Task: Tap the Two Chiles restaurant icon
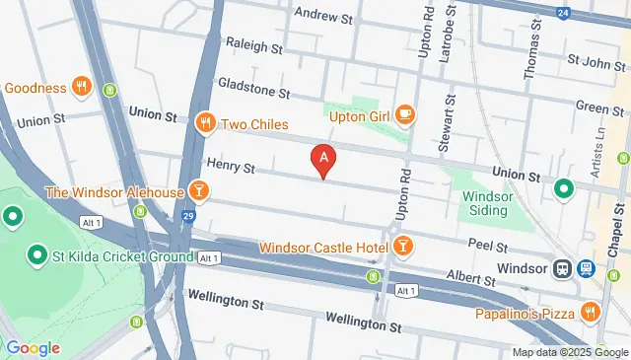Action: (205, 124)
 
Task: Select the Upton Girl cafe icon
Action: (405, 115)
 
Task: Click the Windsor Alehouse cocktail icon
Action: (198, 191)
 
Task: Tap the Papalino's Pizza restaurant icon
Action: (590, 313)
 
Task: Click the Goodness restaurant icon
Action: (81, 87)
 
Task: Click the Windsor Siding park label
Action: (488, 203)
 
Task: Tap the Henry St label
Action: (230, 165)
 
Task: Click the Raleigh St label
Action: (253, 45)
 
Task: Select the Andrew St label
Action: (322, 17)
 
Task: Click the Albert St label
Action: (469, 279)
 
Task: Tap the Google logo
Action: (33, 347)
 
